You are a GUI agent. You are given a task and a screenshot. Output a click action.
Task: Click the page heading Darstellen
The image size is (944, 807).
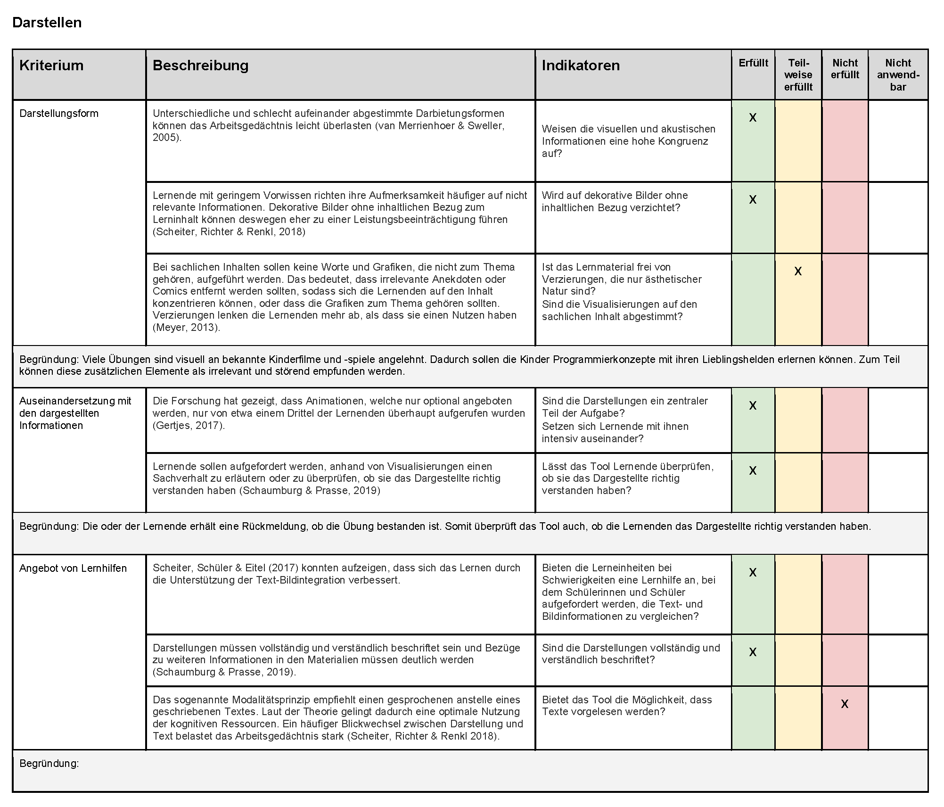pos(47,23)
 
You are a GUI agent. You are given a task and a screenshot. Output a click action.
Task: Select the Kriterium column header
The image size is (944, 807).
pos(51,65)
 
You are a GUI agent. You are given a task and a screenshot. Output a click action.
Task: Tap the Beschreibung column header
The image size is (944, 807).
pos(200,65)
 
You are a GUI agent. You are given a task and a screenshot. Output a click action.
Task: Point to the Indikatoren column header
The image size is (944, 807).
pos(581,65)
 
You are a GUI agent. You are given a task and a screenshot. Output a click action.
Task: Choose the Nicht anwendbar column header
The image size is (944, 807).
pos(898,74)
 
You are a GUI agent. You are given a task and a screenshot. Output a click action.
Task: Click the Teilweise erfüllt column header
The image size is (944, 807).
pos(798,74)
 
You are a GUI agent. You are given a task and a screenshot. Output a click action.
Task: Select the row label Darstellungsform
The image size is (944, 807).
pos(59,113)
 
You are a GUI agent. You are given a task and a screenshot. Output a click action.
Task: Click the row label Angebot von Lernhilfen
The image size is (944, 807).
pos(73,568)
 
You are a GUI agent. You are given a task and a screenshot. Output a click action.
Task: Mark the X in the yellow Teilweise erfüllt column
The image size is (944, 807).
pos(798,271)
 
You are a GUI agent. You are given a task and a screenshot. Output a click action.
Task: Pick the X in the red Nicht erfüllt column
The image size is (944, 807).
pos(845,704)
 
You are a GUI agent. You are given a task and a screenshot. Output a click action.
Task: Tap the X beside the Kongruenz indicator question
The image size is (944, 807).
pos(753,117)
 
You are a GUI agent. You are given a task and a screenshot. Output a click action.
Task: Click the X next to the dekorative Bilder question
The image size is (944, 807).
pos(753,199)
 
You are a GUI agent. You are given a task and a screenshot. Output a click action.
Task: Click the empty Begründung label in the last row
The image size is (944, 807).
pos(49,763)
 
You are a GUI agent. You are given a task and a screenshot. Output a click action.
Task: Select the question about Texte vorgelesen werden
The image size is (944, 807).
pos(627,706)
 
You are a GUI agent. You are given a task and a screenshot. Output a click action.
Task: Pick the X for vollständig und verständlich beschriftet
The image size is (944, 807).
pos(753,652)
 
